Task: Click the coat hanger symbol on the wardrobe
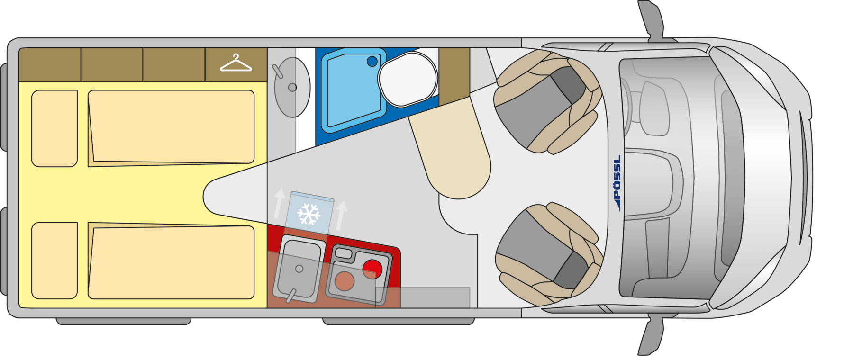tap(236, 63)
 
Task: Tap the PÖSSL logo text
tap(617, 182)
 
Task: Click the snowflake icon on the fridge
tap(309, 214)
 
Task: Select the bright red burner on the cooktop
tap(372, 269)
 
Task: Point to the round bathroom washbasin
tap(292, 87)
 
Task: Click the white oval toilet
tap(408, 79)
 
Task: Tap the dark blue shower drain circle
tap(372, 61)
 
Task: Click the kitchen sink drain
tap(299, 269)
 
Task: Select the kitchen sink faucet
tap(290, 296)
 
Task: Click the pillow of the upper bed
tap(54, 128)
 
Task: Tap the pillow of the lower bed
tap(54, 261)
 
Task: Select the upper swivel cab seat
tap(547, 102)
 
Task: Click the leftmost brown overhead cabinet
tap(50, 64)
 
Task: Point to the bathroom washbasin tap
tap(278, 71)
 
